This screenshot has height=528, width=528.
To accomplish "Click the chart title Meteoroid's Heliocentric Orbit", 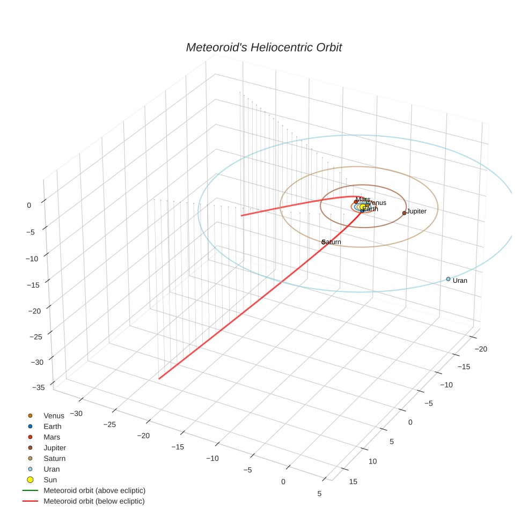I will click(x=263, y=48).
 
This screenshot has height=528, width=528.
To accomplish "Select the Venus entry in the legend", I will click(x=54, y=416).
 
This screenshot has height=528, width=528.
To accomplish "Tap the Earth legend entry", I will click(x=52, y=427).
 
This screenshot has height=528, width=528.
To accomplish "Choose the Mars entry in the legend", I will click(x=52, y=437).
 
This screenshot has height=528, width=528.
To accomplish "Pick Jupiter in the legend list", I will click(x=55, y=448).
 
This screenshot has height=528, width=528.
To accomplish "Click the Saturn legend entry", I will click(x=54, y=459).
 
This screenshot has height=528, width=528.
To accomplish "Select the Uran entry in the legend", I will click(x=52, y=470).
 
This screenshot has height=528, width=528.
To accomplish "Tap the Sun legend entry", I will click(x=50, y=480).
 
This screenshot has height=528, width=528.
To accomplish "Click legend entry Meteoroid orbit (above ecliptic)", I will click(x=94, y=490).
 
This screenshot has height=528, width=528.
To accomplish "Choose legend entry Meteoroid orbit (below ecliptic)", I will click(x=94, y=501).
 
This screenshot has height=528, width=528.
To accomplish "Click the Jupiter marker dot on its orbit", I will click(x=404, y=213).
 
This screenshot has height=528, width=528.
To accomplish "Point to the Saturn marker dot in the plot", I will click(x=324, y=242).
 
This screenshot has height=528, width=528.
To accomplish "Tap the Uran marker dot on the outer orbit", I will click(x=448, y=279).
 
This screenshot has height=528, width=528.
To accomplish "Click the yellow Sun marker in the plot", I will click(x=363, y=207).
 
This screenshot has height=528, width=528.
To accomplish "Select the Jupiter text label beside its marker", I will click(x=417, y=211).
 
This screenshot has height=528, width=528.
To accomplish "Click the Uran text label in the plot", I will click(x=460, y=281).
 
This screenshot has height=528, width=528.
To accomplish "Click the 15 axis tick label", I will click(x=353, y=482).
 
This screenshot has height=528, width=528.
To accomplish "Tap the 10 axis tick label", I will click(x=373, y=461).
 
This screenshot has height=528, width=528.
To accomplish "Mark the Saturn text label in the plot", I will click(x=332, y=242).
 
